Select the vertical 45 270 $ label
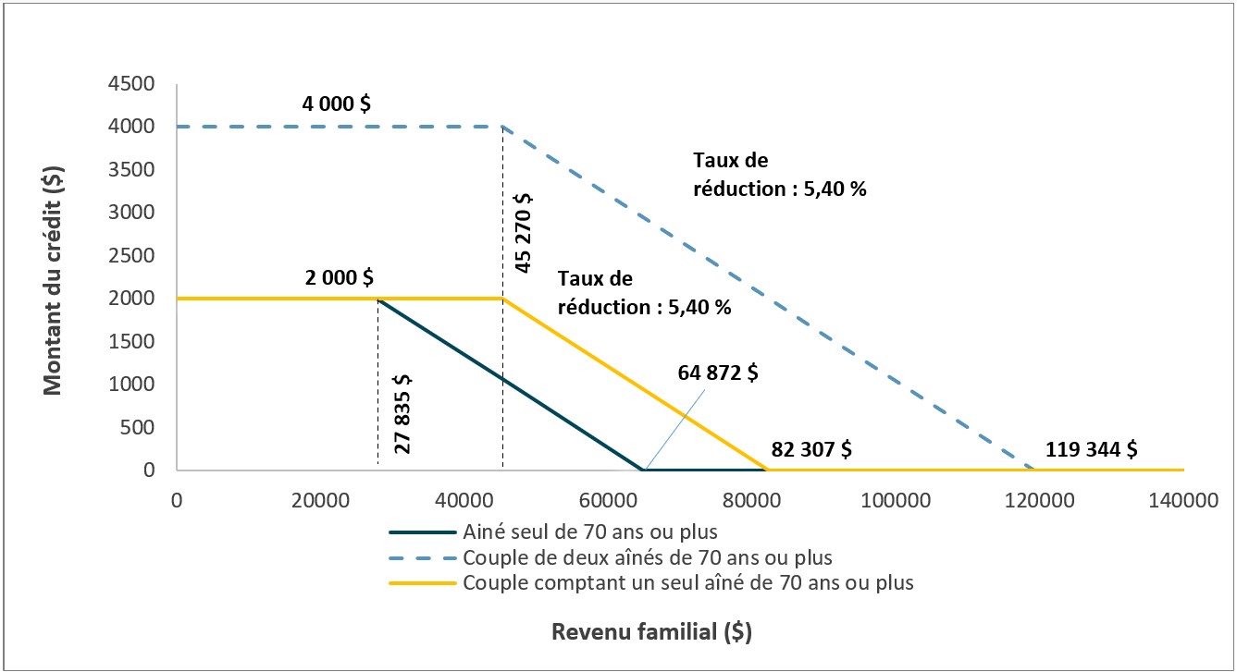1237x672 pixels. pyautogui.click(x=523, y=233)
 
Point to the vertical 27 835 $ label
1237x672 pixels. pyautogui.click(x=402, y=413)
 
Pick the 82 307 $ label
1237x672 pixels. pyautogui.click(x=810, y=450)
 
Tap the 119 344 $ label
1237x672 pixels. pyautogui.click(x=1092, y=450)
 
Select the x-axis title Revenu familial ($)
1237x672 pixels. pyautogui.click(x=651, y=632)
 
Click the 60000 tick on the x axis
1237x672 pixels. pyautogui.click(x=607, y=501)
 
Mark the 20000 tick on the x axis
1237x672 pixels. pyautogui.click(x=319, y=501)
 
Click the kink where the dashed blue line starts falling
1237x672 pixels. pyautogui.click(x=502, y=127)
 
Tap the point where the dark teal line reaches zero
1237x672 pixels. pyautogui.click(x=643, y=470)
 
